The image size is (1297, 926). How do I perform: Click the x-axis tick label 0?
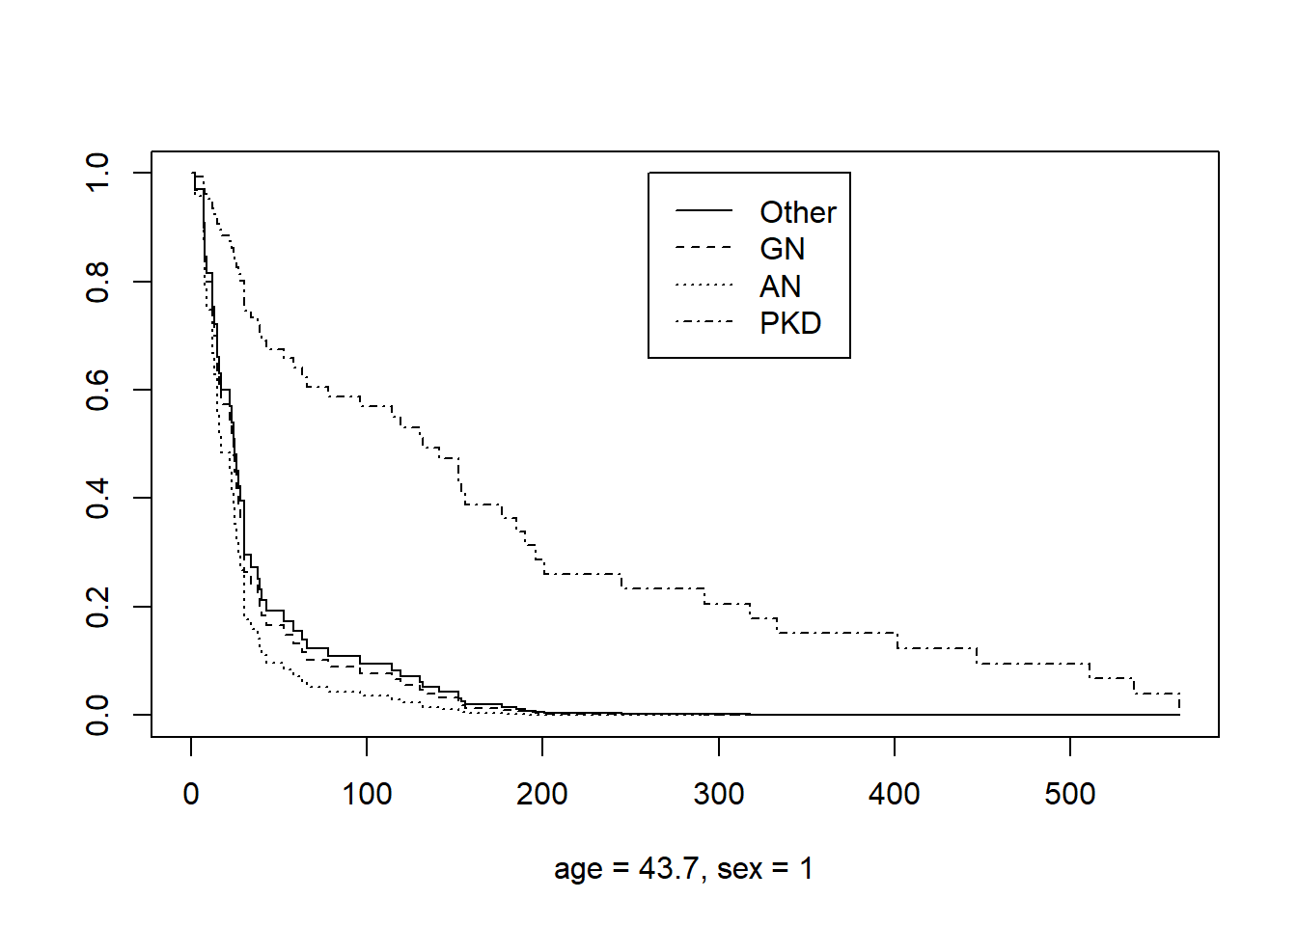tap(191, 794)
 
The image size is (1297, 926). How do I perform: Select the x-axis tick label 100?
tap(367, 794)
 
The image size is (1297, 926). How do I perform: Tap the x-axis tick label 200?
tap(542, 794)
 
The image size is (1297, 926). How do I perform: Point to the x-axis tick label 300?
tap(719, 794)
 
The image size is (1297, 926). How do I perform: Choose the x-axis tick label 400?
tap(895, 794)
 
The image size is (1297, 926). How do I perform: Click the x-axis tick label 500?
tap(1070, 794)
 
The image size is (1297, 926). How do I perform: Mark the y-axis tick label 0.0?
tap(97, 715)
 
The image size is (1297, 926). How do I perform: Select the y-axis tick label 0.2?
tap(97, 607)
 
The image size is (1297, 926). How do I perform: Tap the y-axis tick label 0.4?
tap(97, 498)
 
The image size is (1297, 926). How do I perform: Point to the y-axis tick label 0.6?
tap(97, 390)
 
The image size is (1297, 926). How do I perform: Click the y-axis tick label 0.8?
tap(97, 282)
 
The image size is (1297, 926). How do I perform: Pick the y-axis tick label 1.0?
tap(97, 173)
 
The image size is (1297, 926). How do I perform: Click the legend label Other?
tap(798, 212)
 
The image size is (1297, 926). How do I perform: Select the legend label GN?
tap(783, 249)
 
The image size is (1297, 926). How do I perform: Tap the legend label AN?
tap(781, 286)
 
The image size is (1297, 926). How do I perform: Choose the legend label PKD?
tap(790, 323)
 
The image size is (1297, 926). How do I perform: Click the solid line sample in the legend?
tap(704, 210)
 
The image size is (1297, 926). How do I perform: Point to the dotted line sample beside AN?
tap(704, 285)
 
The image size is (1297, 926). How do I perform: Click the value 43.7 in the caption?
tap(668, 868)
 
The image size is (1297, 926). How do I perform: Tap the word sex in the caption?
tap(739, 868)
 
